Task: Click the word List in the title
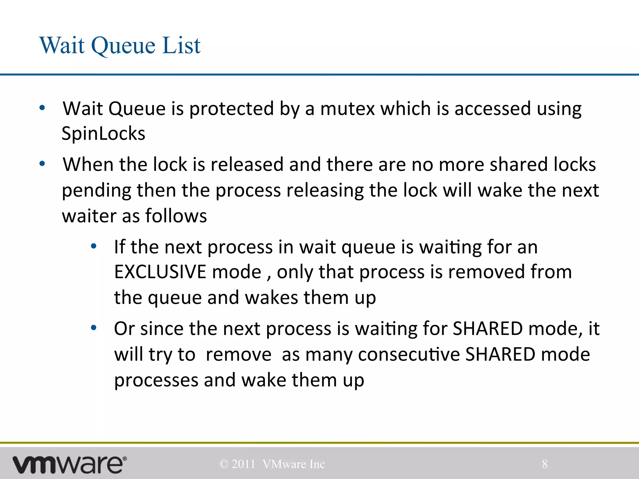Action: point(182,46)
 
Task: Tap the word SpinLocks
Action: point(103,133)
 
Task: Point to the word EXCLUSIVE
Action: point(160,272)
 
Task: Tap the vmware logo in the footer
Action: point(69,464)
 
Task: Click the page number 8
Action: point(544,464)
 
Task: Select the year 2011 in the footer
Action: point(243,464)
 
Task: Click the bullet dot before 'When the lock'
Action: point(42,164)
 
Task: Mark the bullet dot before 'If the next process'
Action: point(94,246)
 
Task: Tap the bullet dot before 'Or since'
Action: point(94,328)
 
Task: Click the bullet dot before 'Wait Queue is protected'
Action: point(42,108)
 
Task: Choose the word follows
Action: point(176,215)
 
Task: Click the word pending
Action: point(96,191)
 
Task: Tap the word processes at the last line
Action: point(156,380)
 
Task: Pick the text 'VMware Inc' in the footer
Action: point(294,464)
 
